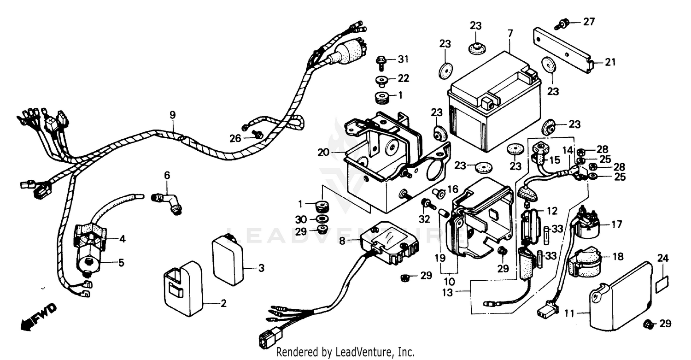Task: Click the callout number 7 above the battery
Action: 510,33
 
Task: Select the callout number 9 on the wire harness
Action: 172,114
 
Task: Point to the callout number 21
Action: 610,62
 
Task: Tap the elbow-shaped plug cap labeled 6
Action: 167,203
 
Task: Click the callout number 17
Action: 617,225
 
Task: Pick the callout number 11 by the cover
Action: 569,314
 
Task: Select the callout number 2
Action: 223,303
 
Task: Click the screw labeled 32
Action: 426,203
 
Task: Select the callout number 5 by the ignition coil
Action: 121,263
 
